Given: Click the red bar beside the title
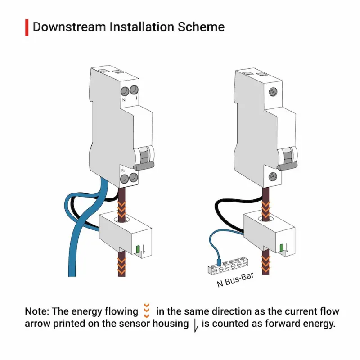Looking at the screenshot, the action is [27, 27].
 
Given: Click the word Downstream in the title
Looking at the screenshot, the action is [69, 27].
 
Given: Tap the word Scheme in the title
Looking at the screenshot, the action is [201, 27].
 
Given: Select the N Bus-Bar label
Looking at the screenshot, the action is [235, 280].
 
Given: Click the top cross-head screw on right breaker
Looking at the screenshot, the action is [273, 92].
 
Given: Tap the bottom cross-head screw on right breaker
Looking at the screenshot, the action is [273, 176].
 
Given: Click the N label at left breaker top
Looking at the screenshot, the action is [124, 100].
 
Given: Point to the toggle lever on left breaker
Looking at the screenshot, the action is [144, 165].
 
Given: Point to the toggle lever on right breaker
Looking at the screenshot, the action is [287, 166].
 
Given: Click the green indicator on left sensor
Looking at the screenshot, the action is [138, 249].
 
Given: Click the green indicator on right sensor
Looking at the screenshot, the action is [282, 248].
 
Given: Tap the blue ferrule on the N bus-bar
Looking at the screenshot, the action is [219, 262].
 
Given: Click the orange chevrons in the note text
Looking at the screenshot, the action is [147, 310].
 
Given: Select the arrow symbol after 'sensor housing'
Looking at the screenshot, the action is [196, 325].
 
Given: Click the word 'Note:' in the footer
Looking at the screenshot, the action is [37, 311].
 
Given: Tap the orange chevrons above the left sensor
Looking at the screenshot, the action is [121, 209].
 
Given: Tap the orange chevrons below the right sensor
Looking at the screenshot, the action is [266, 264].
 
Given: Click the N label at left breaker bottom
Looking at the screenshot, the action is [123, 171].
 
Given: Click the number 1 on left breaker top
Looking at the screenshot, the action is [136, 98].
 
